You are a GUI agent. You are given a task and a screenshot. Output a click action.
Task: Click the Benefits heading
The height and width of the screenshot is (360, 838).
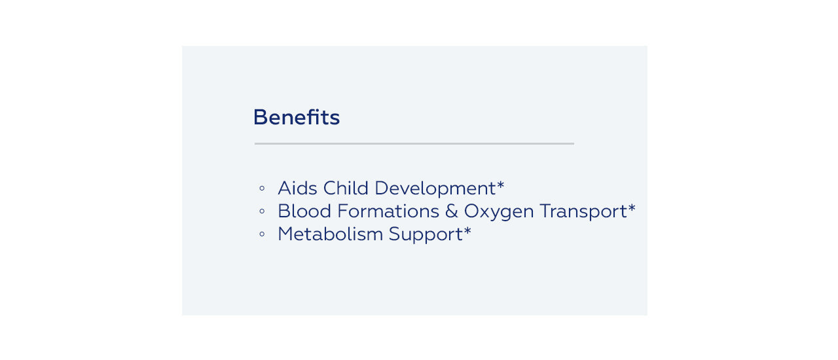pyautogui.click(x=297, y=117)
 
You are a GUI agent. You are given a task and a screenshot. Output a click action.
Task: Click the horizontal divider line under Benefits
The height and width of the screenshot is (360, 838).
pyautogui.click(x=414, y=143)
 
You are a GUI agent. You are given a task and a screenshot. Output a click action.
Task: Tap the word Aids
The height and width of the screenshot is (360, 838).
pyautogui.click(x=297, y=188)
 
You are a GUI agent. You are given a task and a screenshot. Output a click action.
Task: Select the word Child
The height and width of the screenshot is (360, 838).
pyautogui.click(x=346, y=188)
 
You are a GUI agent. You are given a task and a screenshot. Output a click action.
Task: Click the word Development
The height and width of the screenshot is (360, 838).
pyautogui.click(x=435, y=189)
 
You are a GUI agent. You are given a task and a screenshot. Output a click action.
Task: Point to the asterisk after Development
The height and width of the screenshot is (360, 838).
pyautogui.click(x=501, y=185)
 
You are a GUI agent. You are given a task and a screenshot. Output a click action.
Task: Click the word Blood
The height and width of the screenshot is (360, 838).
pyautogui.click(x=304, y=211)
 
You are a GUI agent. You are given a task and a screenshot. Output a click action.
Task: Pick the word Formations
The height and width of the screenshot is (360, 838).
pyautogui.click(x=388, y=211)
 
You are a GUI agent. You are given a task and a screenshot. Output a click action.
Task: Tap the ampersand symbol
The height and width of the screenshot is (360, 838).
pyautogui.click(x=452, y=211)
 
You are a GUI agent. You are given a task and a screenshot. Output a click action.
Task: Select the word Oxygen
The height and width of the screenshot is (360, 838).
pyautogui.click(x=499, y=212)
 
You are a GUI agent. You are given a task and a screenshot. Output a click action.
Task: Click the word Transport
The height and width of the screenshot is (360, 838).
pyautogui.click(x=583, y=212)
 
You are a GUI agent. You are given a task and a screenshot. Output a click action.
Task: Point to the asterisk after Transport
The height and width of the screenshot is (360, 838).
pyautogui.click(x=632, y=207)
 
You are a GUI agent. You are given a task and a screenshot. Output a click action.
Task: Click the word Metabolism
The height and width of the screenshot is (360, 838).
pyautogui.click(x=331, y=234)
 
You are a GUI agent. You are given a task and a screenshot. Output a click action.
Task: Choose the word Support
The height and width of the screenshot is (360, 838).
pyautogui.click(x=426, y=235)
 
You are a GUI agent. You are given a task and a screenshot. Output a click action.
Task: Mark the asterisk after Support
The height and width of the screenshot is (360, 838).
pyautogui.click(x=467, y=230)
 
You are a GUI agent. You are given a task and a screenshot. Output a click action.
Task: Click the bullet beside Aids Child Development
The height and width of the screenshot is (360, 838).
pyautogui.click(x=262, y=189)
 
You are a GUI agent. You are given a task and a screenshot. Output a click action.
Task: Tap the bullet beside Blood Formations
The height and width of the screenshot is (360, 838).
pyautogui.click(x=262, y=211)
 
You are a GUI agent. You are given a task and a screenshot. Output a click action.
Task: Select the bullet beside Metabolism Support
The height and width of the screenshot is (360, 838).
pyautogui.click(x=262, y=234)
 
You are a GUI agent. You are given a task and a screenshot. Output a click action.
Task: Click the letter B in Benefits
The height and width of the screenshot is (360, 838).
pyautogui.click(x=261, y=117)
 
